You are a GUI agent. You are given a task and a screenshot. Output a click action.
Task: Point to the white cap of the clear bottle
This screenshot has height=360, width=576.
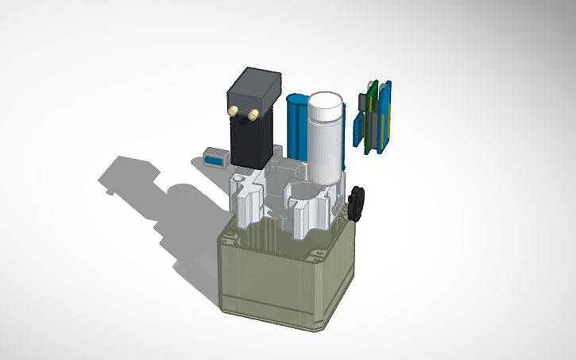coord(327,104)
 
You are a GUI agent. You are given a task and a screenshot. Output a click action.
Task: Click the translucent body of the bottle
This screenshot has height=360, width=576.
coord(327,151)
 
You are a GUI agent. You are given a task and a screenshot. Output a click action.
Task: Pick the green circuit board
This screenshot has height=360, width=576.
coord(370,119)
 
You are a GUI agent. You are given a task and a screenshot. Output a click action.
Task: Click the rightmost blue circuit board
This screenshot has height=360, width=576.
coord(386,119)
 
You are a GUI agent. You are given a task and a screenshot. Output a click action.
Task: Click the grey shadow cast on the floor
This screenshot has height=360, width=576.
coord(151,199)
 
